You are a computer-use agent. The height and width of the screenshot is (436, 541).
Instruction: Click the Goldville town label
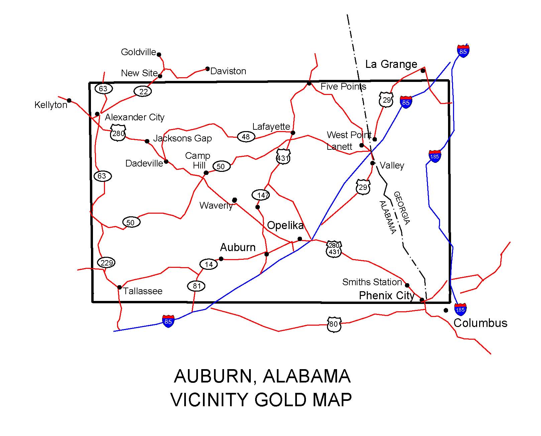pyautogui.click(x=138, y=52)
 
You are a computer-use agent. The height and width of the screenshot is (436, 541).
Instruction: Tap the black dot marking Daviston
pyautogui.click(x=207, y=69)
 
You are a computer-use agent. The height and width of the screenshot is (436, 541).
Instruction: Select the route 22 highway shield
pyautogui.click(x=143, y=91)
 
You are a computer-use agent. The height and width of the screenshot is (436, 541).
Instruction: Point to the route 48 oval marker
pyautogui.click(x=246, y=136)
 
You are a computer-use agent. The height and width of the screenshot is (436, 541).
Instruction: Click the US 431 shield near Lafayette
pyautogui.click(x=283, y=156)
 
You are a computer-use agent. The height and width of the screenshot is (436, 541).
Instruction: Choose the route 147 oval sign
pyautogui.click(x=261, y=195)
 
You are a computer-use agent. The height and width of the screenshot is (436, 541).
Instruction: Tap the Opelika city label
pyautogui.click(x=285, y=225)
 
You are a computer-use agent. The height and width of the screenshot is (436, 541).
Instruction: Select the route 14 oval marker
pyautogui.click(x=209, y=264)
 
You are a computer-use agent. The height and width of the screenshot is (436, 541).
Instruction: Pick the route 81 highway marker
pyautogui.click(x=196, y=286)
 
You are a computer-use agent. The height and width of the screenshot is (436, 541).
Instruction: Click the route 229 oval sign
pyautogui.click(x=106, y=263)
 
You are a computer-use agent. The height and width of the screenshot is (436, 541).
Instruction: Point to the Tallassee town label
pyautogui.click(x=143, y=291)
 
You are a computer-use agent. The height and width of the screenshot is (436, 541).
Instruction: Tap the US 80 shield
pyautogui.click(x=334, y=324)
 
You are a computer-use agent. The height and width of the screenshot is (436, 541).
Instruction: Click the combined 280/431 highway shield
pyautogui.click(x=334, y=249)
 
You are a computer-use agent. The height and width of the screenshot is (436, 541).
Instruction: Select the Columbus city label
pyautogui.click(x=480, y=323)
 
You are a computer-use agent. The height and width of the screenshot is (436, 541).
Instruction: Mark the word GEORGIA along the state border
pyautogui.click(x=402, y=208)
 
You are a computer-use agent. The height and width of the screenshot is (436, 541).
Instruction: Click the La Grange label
pyautogui.click(x=391, y=64)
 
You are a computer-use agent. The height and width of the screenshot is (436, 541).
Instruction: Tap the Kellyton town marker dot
pyautogui.click(x=69, y=100)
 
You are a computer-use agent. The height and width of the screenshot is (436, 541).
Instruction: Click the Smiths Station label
pyautogui.click(x=372, y=282)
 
